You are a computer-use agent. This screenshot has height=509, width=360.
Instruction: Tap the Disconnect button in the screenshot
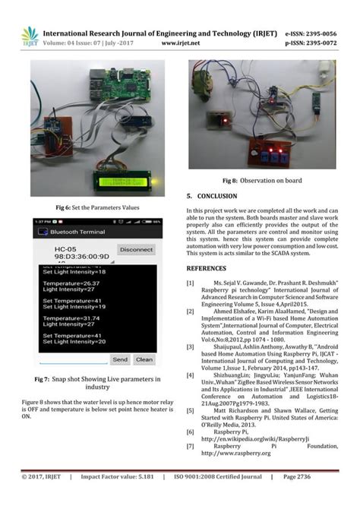pyautogui.click(x=136, y=249)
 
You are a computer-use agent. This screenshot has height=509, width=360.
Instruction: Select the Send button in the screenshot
pyautogui.click(x=120, y=359)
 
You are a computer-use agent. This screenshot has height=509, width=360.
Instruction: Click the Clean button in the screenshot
pyautogui.click(x=144, y=359)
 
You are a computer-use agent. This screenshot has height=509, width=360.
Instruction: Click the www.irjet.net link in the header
pyautogui.click(x=181, y=43)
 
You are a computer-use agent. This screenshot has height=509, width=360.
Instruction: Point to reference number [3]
pyautogui.click(x=191, y=346)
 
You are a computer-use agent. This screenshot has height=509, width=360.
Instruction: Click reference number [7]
pyautogui.click(x=191, y=446)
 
